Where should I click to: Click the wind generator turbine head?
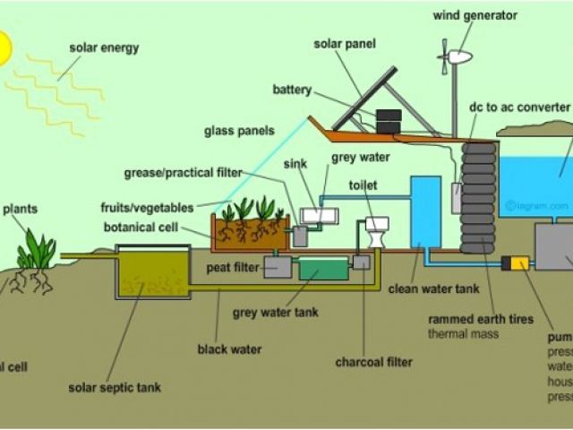click(458, 56)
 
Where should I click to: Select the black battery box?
click(389, 121)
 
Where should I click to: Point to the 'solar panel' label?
click(345, 44)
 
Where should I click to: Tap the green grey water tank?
click(323, 268)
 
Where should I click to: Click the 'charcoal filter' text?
click(374, 363)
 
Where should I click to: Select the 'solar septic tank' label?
click(115, 388)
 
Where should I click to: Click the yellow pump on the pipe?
click(517, 263)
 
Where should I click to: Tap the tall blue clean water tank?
click(425, 211)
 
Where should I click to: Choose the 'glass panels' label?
click(239, 130)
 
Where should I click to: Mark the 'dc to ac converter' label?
click(520, 107)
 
